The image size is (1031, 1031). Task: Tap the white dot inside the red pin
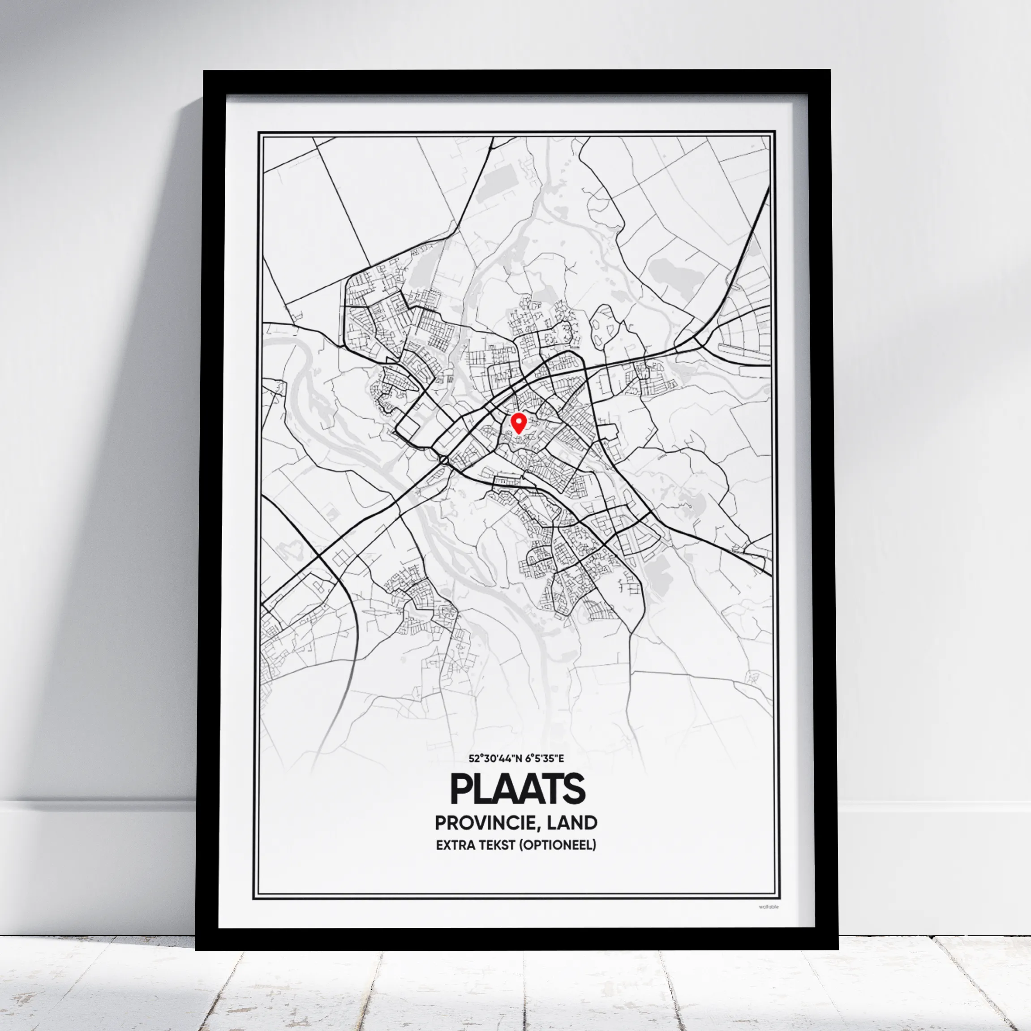518,421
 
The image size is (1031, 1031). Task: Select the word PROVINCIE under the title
482,823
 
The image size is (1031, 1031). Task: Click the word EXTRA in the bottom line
455,845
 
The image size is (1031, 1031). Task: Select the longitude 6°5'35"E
544,758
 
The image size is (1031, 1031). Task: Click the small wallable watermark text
769,906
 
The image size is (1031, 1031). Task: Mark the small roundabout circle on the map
443,460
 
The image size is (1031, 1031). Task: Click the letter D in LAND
591,823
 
